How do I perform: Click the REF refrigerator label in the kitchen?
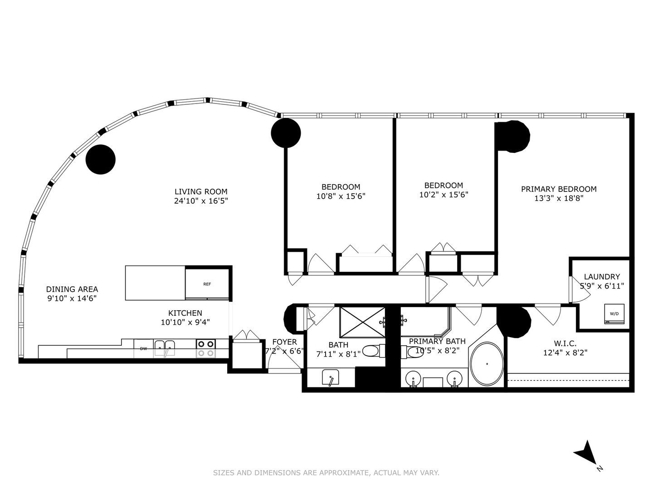click(x=207, y=284)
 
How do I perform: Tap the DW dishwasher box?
click(x=143, y=348)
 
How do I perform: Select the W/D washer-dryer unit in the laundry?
click(x=614, y=314)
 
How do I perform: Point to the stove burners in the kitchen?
click(x=205, y=348)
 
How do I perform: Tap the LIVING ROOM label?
click(x=201, y=191)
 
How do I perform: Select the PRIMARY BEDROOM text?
click(x=558, y=189)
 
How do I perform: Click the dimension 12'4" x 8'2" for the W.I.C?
click(x=565, y=353)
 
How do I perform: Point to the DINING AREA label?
click(x=72, y=289)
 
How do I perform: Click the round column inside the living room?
click(x=101, y=159)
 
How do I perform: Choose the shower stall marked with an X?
click(x=362, y=322)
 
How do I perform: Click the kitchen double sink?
click(x=164, y=348)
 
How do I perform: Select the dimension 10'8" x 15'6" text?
click(x=341, y=196)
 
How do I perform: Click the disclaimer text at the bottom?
click(x=326, y=473)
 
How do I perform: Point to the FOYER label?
click(x=284, y=342)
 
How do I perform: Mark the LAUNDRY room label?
click(x=601, y=277)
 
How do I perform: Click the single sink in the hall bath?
click(x=331, y=377)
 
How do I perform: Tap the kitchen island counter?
click(x=155, y=283)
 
